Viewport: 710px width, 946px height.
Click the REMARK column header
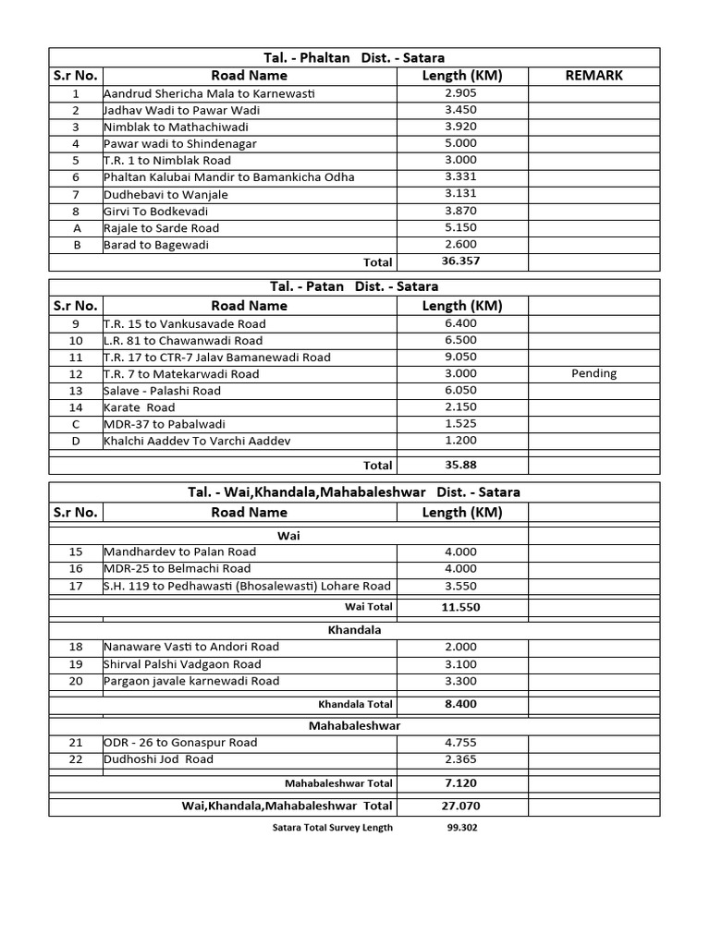(x=594, y=76)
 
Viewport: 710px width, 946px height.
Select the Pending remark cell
(x=594, y=374)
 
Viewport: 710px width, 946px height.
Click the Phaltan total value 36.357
(x=461, y=261)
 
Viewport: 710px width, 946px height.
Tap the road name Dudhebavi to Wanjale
(x=165, y=195)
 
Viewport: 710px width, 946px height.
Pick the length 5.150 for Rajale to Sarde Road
(x=461, y=228)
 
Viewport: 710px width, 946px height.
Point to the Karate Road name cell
(x=140, y=407)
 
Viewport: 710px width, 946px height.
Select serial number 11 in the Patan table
(x=76, y=358)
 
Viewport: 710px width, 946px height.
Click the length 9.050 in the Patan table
(x=461, y=358)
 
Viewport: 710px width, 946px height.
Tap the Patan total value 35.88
(x=461, y=465)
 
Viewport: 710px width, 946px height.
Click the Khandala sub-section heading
(x=354, y=629)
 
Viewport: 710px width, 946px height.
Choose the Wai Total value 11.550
(x=461, y=608)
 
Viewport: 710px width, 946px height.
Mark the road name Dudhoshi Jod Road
(x=158, y=759)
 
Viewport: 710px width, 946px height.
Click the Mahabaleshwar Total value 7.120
(x=461, y=783)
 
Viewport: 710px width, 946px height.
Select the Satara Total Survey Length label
(x=328, y=828)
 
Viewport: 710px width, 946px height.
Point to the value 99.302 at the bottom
(x=461, y=828)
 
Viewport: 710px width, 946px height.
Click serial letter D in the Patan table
(x=76, y=442)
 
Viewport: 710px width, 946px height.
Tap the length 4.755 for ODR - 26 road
(x=461, y=743)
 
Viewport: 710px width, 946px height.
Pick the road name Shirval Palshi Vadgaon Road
(x=182, y=664)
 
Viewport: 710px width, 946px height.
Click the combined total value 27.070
(x=461, y=807)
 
